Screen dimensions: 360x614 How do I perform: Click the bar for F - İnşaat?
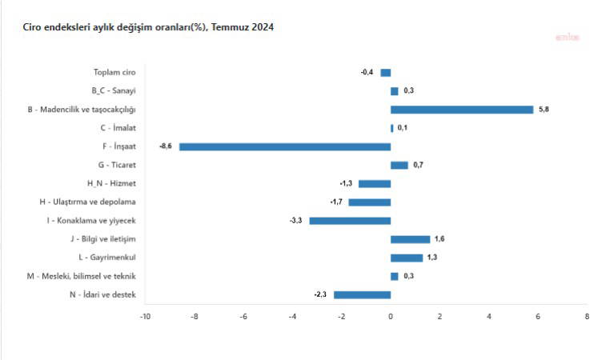285,146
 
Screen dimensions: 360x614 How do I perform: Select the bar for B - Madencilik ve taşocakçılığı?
462,110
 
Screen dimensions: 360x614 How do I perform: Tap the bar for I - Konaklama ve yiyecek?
350,221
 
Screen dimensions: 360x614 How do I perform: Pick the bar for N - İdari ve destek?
362,294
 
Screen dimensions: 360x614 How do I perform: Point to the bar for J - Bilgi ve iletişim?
410,239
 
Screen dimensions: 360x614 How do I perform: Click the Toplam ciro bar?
385,73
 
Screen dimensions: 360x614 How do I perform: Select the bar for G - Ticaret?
399,165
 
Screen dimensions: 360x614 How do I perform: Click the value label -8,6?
167,146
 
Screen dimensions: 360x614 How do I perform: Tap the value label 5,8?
544,110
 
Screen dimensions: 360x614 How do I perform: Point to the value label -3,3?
295,221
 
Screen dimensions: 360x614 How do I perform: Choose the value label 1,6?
439,239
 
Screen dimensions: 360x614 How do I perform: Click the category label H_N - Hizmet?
111,183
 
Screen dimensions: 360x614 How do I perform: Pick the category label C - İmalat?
118,128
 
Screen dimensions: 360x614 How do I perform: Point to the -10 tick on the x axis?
145,317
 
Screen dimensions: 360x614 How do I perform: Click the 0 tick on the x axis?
391,317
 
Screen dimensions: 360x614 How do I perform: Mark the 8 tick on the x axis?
587,317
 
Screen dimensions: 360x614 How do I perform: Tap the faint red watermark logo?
568,37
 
